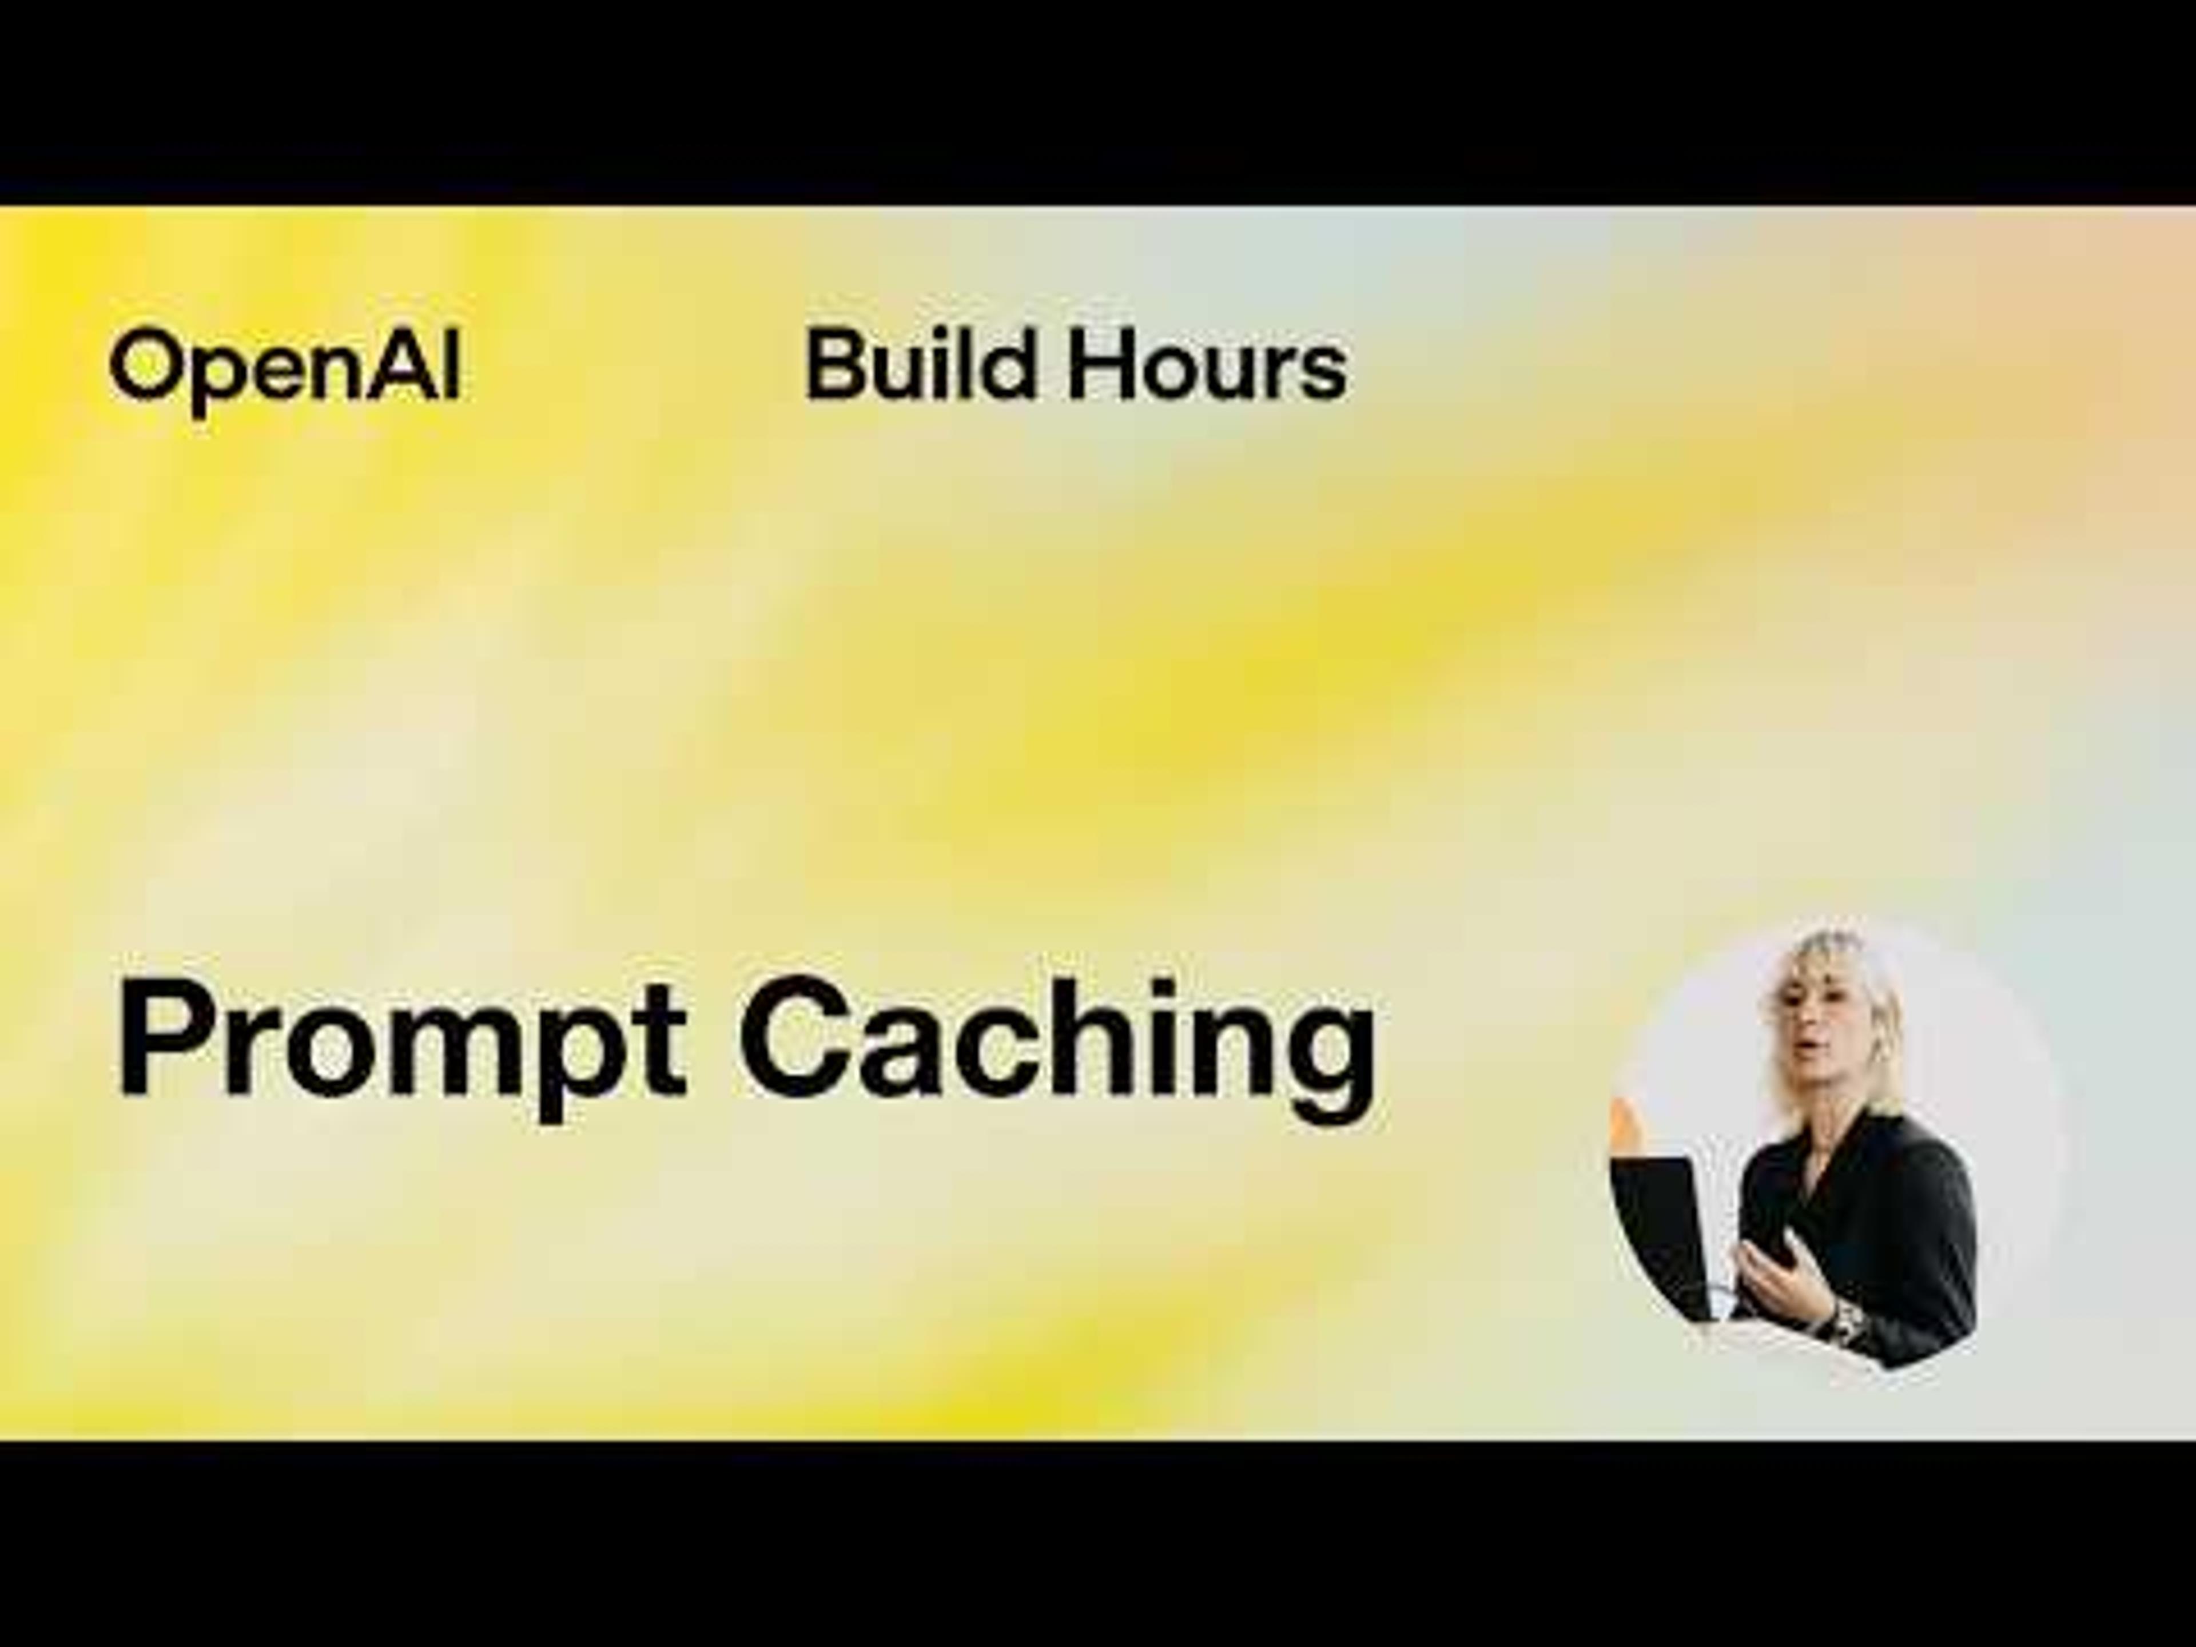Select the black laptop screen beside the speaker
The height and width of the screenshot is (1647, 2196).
pyautogui.click(x=1663, y=1231)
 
